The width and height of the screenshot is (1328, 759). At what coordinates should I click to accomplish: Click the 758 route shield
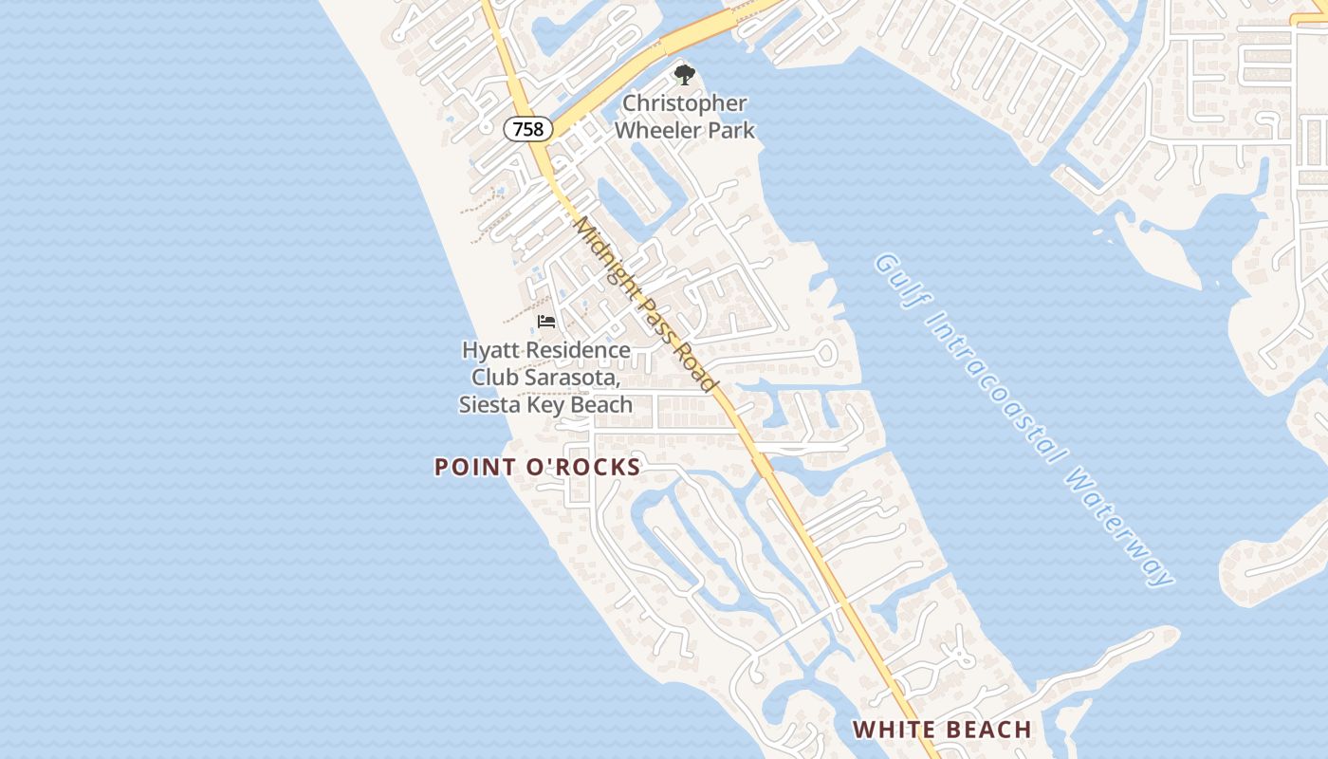click(528, 129)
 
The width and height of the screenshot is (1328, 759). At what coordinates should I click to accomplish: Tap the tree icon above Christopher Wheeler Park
click(684, 75)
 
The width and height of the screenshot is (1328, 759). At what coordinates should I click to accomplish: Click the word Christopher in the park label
click(685, 103)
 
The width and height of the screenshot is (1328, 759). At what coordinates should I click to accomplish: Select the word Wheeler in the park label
click(661, 130)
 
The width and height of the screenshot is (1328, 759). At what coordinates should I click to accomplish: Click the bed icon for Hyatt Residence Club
click(546, 322)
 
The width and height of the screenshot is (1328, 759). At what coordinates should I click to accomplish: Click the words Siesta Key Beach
click(545, 405)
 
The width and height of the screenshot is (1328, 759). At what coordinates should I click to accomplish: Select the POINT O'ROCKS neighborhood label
click(538, 467)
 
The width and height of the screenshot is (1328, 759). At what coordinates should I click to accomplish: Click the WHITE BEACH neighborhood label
click(942, 730)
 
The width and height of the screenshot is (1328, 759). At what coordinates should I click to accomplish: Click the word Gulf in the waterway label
click(895, 276)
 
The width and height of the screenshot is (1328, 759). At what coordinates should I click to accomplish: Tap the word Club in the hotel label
click(494, 378)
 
